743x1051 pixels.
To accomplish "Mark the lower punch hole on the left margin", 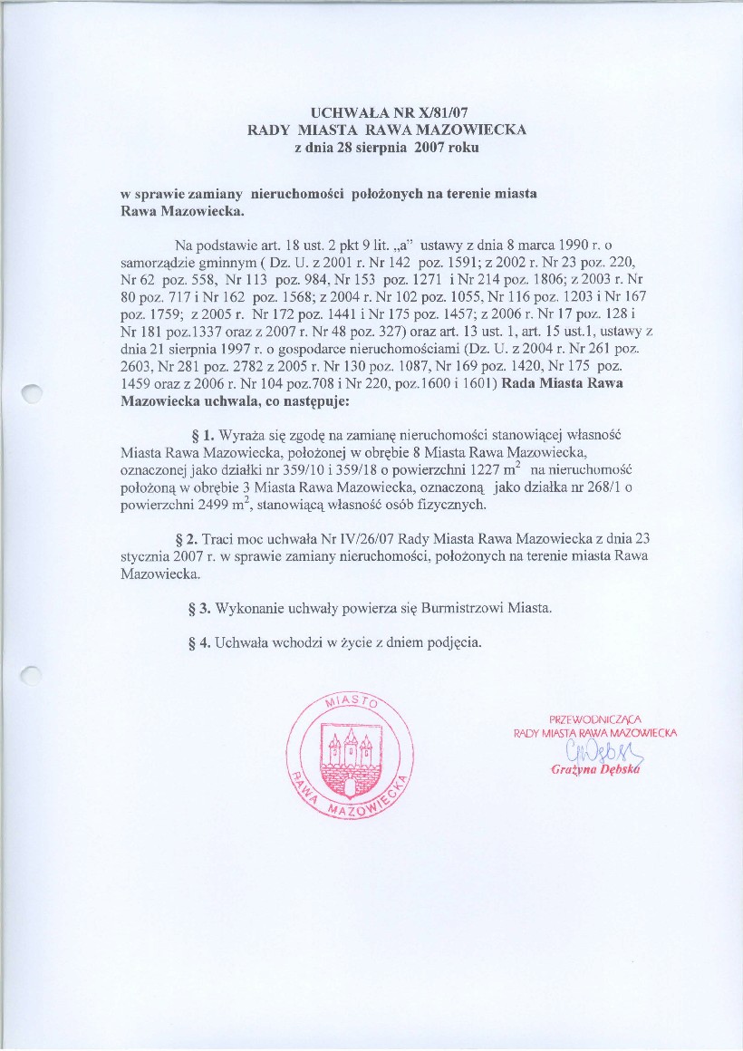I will pos(32,673).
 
